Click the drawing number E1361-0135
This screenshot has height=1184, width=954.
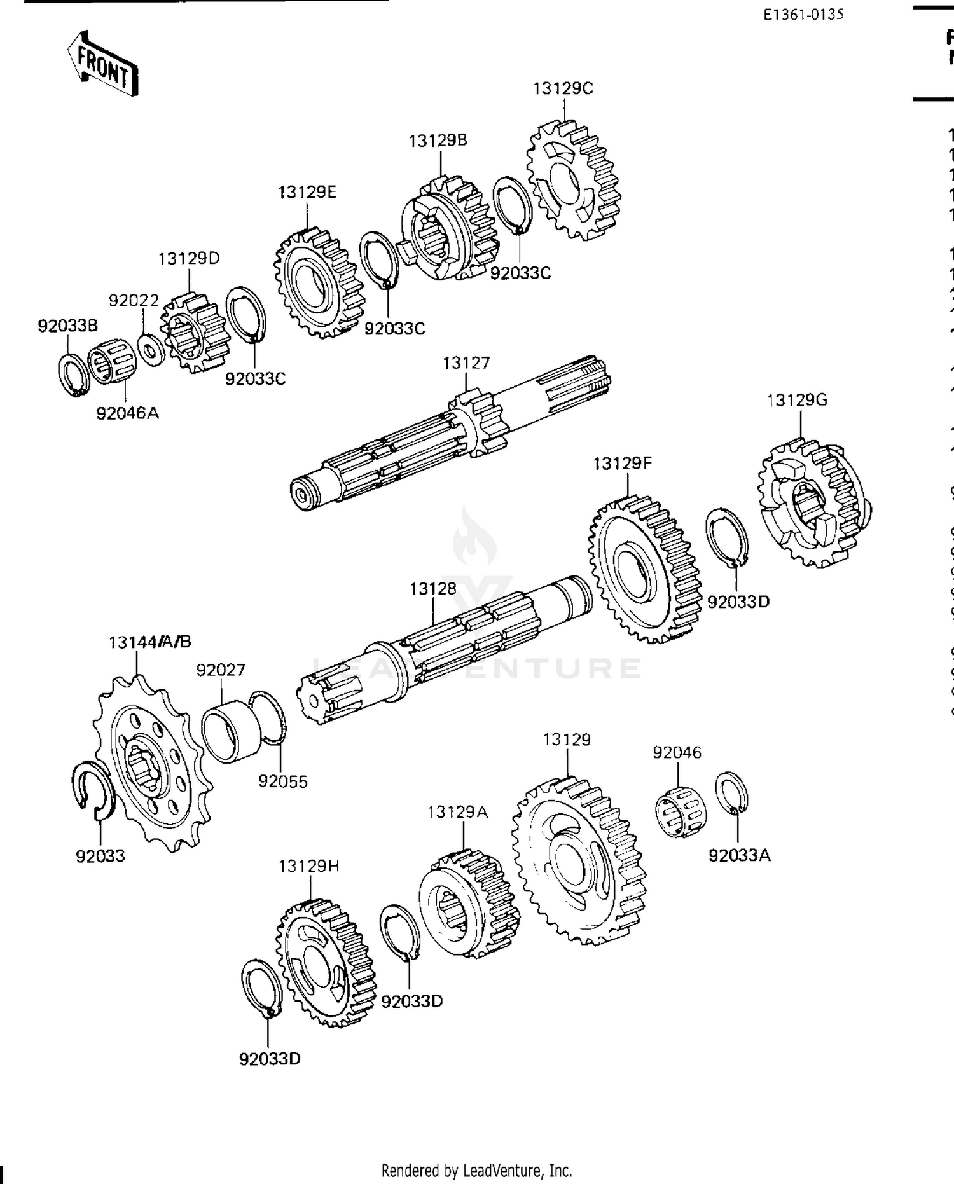(x=804, y=15)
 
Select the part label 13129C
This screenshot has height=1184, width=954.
(x=563, y=89)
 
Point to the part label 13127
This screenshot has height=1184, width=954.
(x=466, y=363)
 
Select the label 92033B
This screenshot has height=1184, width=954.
(x=67, y=326)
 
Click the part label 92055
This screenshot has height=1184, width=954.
(x=282, y=781)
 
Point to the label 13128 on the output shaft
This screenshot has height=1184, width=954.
(x=432, y=589)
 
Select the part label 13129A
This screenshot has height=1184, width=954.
(x=457, y=812)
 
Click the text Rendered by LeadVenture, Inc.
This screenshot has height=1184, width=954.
(x=476, y=1170)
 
